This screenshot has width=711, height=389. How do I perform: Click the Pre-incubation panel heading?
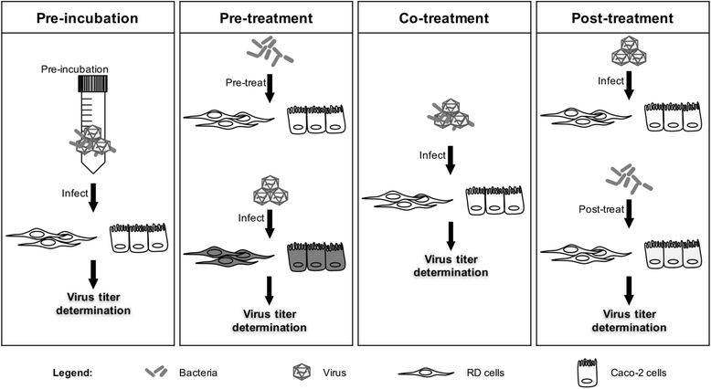(89, 18)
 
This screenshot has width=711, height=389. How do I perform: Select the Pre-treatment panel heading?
(265, 18)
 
